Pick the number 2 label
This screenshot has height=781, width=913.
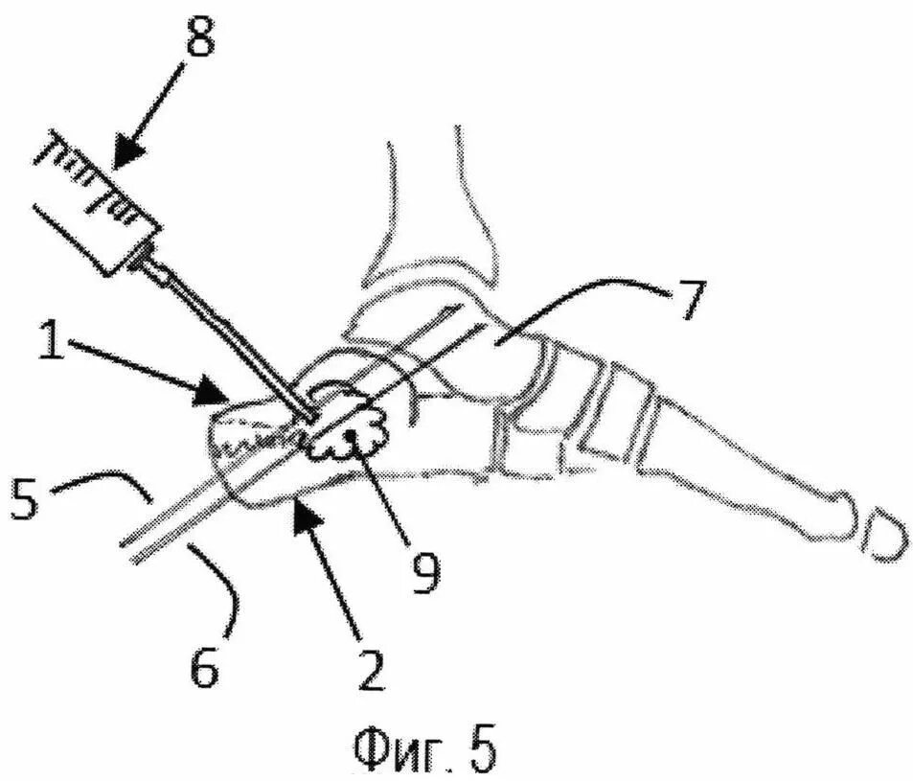click(x=372, y=668)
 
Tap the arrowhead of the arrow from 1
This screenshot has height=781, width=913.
click(x=217, y=394)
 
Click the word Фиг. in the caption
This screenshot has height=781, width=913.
click(x=393, y=747)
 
